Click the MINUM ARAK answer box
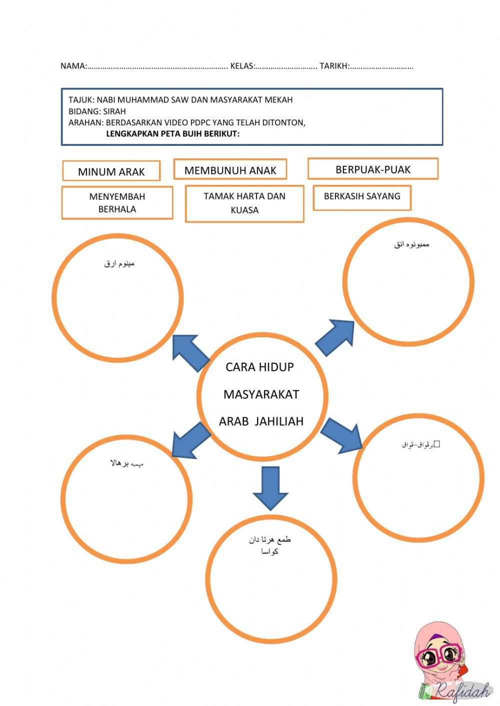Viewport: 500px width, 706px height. (x=111, y=171)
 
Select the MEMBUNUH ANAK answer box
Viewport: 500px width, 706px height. (x=230, y=170)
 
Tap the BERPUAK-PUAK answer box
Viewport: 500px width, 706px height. (x=372, y=169)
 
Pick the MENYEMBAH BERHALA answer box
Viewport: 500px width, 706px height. (x=117, y=203)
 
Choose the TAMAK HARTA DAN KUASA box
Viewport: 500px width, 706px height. (x=244, y=203)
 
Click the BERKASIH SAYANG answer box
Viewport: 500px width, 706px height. (x=362, y=196)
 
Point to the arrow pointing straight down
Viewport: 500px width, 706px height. (x=270, y=488)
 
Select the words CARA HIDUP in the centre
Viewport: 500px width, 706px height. (x=259, y=367)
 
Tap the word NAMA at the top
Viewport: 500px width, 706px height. (x=72, y=66)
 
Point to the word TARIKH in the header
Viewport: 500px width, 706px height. (x=333, y=66)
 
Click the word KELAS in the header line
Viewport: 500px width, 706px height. (x=242, y=66)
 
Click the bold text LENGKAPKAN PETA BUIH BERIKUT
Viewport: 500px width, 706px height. (x=172, y=134)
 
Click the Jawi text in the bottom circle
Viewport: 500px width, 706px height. (x=269, y=546)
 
